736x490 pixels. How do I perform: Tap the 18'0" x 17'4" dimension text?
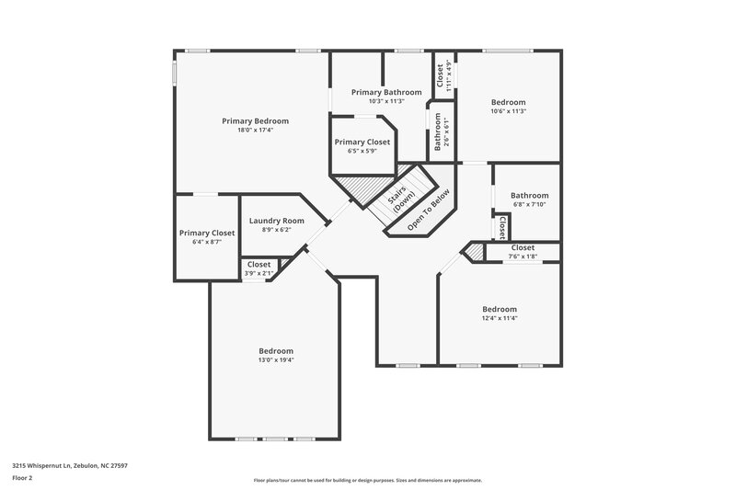click(255, 131)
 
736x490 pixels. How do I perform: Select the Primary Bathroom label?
click(386, 92)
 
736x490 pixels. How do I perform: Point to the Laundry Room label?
click(276, 221)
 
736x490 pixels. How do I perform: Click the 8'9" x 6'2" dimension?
click(276, 230)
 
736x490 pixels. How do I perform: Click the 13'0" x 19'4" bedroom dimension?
click(275, 360)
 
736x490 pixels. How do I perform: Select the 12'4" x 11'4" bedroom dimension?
click(500, 318)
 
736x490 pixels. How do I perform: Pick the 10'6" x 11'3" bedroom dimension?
click(508, 111)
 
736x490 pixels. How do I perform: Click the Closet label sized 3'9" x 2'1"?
click(259, 265)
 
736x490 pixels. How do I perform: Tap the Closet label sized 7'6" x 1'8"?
click(522, 247)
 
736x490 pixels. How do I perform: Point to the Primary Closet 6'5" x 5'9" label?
click(362, 142)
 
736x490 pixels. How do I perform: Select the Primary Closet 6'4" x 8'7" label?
click(206, 233)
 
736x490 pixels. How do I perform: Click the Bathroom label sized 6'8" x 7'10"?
click(529, 195)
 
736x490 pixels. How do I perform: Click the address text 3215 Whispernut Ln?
click(69, 466)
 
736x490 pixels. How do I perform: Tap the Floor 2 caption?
click(23, 479)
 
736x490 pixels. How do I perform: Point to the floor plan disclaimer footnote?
click(367, 480)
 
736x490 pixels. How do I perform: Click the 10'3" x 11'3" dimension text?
click(386, 101)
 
